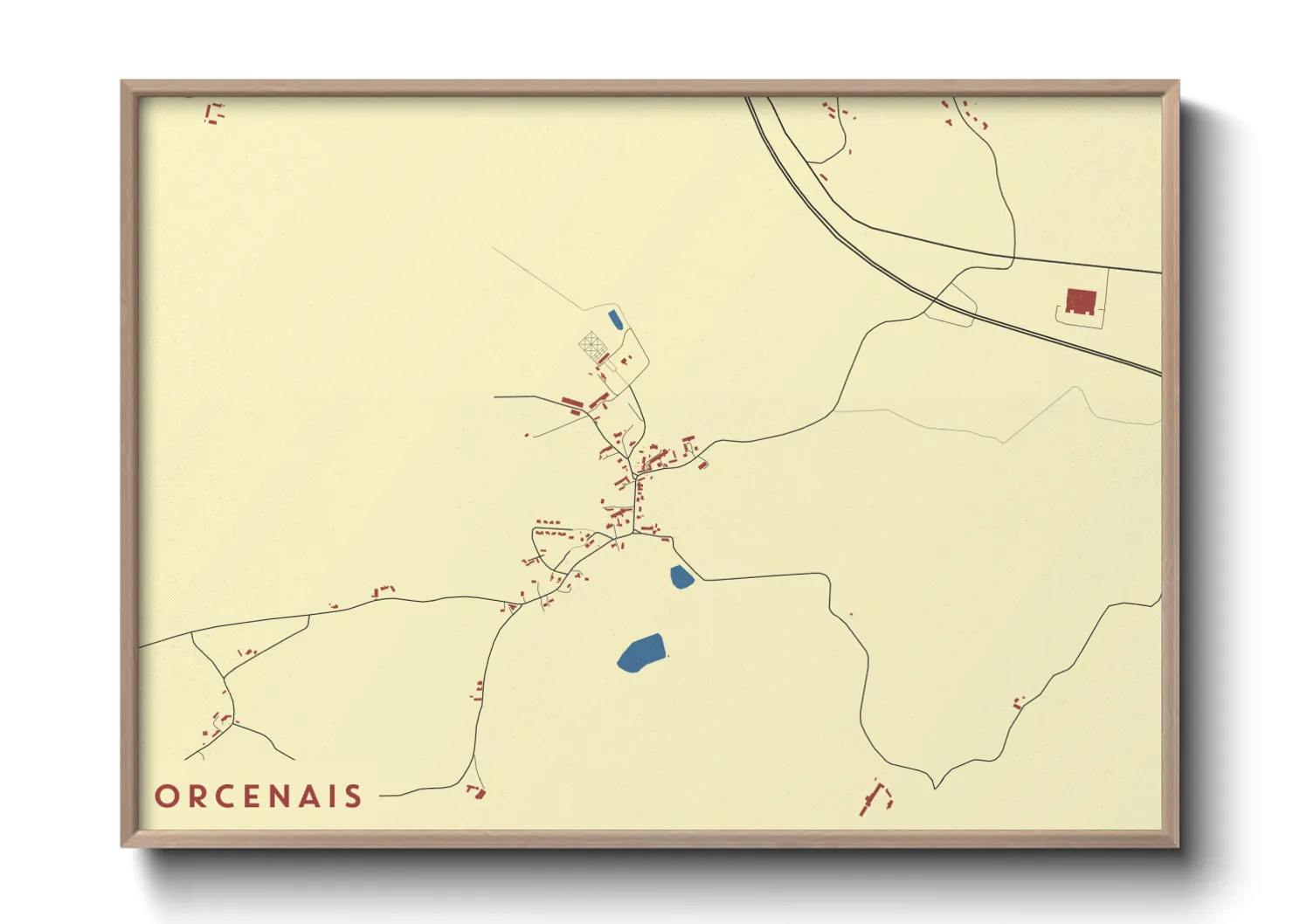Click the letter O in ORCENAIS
coord(166,796)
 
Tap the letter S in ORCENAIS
coord(353,796)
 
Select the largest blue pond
coord(641,652)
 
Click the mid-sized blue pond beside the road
coord(681,576)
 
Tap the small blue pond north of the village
coord(615,319)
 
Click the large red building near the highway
coord(1081,301)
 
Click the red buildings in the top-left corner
coord(213,114)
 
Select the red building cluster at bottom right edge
coord(876,796)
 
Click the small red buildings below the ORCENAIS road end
coord(476,791)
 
